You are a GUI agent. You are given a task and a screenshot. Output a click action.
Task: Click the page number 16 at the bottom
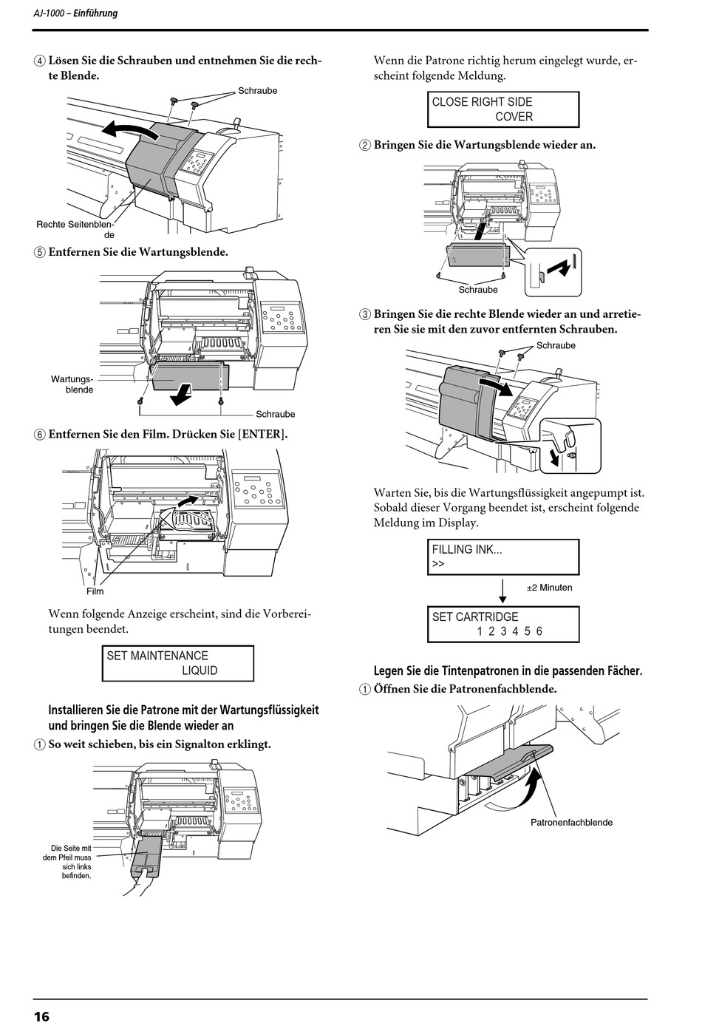(41, 1016)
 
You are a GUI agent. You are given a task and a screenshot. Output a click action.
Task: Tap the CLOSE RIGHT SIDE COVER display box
(503, 109)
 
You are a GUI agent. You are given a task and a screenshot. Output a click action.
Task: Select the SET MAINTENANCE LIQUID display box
(178, 663)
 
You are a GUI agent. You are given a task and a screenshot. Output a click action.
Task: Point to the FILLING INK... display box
(503, 557)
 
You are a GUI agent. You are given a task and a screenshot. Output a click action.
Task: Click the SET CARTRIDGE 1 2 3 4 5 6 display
(503, 624)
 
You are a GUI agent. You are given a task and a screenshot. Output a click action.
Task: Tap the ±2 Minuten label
(549, 588)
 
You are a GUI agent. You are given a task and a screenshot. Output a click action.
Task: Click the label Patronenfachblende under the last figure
(571, 823)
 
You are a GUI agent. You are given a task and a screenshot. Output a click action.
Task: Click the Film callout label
(95, 591)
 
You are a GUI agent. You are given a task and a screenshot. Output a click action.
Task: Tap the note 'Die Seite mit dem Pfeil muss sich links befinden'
(67, 862)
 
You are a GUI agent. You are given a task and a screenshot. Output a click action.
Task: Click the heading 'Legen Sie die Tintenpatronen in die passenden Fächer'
(508, 671)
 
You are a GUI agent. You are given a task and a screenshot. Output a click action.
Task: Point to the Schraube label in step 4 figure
(257, 91)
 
